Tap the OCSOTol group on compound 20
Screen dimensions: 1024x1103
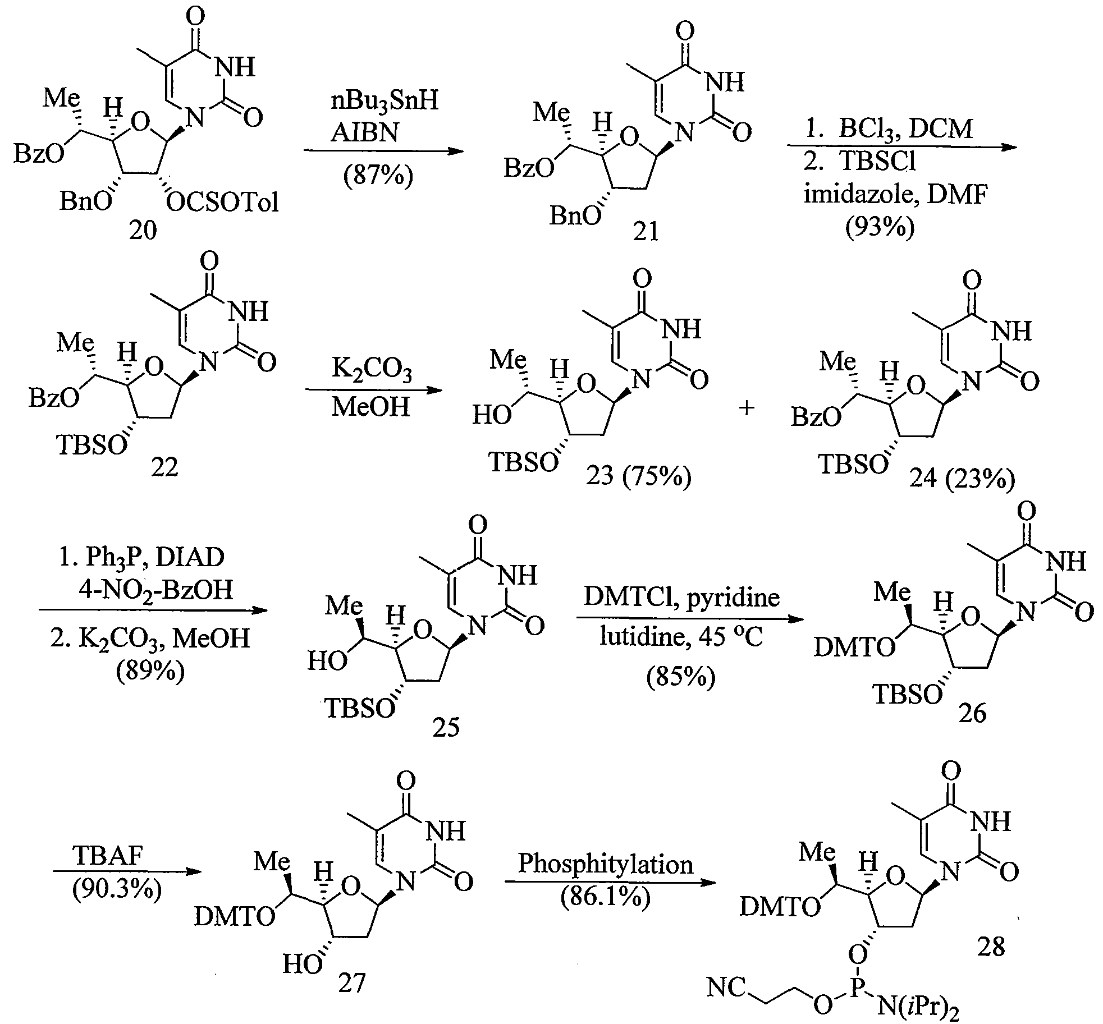click(223, 202)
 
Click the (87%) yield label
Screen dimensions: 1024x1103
click(378, 175)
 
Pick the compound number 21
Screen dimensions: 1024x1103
click(645, 230)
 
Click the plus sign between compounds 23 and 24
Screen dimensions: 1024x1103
click(746, 408)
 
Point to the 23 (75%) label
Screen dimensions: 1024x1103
click(638, 477)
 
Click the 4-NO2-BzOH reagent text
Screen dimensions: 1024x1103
click(154, 590)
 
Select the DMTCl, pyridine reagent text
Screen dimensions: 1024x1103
click(681, 597)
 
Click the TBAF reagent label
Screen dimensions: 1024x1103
click(108, 856)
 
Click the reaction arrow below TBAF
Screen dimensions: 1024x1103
click(126, 872)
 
